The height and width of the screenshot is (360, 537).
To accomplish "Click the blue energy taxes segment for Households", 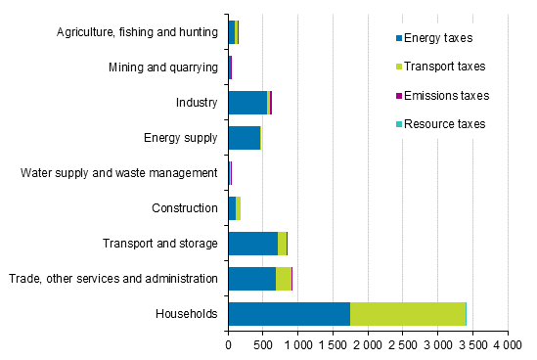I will tap(289, 313).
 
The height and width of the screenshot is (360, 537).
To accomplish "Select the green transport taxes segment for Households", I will tap(408, 313).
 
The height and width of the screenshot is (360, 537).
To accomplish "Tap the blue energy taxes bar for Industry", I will tap(246, 102).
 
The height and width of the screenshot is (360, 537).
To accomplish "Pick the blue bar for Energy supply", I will tap(244, 137).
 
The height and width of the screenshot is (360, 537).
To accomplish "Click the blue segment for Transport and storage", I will tap(252, 243).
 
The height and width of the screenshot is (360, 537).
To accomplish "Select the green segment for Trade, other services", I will tap(283, 278).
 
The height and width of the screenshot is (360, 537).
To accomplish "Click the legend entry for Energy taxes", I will tap(437, 38).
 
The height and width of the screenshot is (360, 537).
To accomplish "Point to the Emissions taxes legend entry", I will tap(445, 96).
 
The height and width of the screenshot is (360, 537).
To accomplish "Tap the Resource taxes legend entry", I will tap(444, 124).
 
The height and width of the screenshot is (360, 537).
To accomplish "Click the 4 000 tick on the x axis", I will tap(507, 346).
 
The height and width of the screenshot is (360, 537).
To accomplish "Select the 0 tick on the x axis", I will tap(228, 346).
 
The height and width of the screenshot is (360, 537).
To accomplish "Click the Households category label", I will tap(185, 314).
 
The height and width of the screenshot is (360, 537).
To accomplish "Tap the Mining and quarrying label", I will tap(162, 67).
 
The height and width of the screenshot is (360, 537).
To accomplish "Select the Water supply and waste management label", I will tap(119, 173).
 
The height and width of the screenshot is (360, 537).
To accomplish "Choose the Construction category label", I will tap(184, 208).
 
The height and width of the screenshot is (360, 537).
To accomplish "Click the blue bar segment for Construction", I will tap(232, 207).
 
